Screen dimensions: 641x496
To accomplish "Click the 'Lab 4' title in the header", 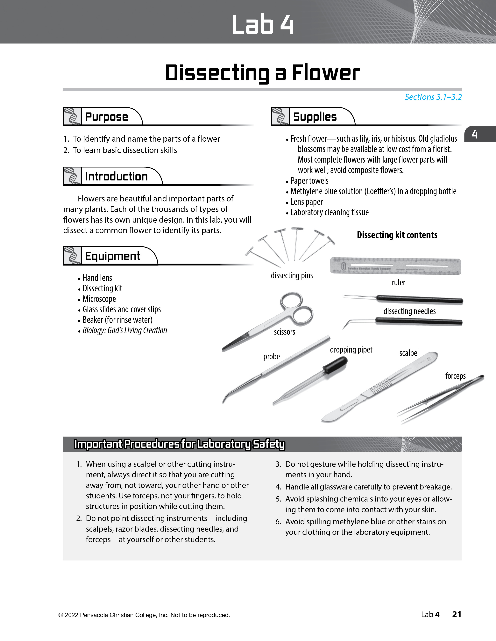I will tap(262, 25).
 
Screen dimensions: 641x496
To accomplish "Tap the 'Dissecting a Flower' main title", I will tap(262, 73).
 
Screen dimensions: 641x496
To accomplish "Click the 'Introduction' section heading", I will tap(116, 177).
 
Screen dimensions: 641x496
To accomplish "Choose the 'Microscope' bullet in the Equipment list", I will tap(99, 299).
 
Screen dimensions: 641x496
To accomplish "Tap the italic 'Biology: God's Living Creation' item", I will tap(125, 330).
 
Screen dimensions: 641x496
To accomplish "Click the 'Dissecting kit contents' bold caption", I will tap(397, 235).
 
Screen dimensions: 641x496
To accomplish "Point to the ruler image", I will tap(395, 266).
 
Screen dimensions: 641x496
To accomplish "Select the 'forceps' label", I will tap(455, 376).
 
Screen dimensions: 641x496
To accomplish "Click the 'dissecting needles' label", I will tap(409, 311).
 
